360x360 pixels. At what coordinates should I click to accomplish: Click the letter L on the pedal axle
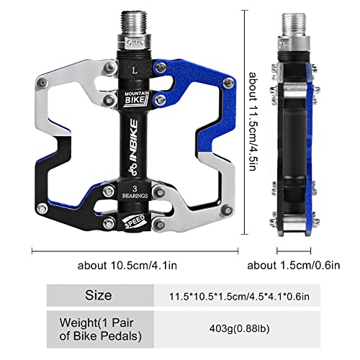click(135, 71)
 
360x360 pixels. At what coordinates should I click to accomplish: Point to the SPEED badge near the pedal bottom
click(135, 220)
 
